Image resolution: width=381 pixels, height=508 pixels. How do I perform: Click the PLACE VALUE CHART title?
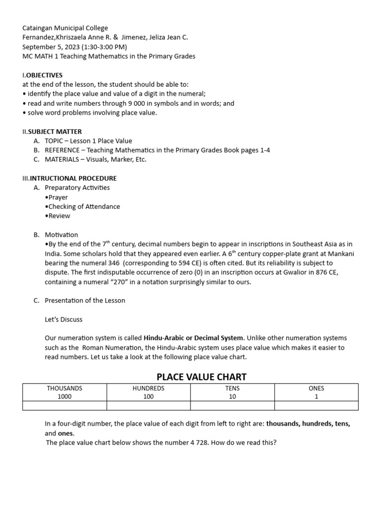coord(201,377)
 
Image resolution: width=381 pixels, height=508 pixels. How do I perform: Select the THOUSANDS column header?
coord(64,388)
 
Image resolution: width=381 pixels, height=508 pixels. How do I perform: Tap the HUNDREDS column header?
coord(148,388)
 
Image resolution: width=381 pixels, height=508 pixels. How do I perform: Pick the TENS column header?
coord(232,388)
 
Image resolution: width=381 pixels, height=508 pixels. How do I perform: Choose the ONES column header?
coord(316,388)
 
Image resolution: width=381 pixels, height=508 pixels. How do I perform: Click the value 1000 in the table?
coord(64,397)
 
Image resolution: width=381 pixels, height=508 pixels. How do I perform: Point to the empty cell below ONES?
coord(316,406)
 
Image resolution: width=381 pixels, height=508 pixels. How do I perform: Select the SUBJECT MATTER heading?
coord(52,131)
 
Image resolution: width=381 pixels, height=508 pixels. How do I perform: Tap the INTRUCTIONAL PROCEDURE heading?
coord(73,178)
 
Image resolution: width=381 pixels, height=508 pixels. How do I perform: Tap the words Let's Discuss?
coord(63,319)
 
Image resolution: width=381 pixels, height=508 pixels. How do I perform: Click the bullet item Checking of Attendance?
coord(83,206)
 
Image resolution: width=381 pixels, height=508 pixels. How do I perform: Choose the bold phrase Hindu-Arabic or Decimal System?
coord(193,338)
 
